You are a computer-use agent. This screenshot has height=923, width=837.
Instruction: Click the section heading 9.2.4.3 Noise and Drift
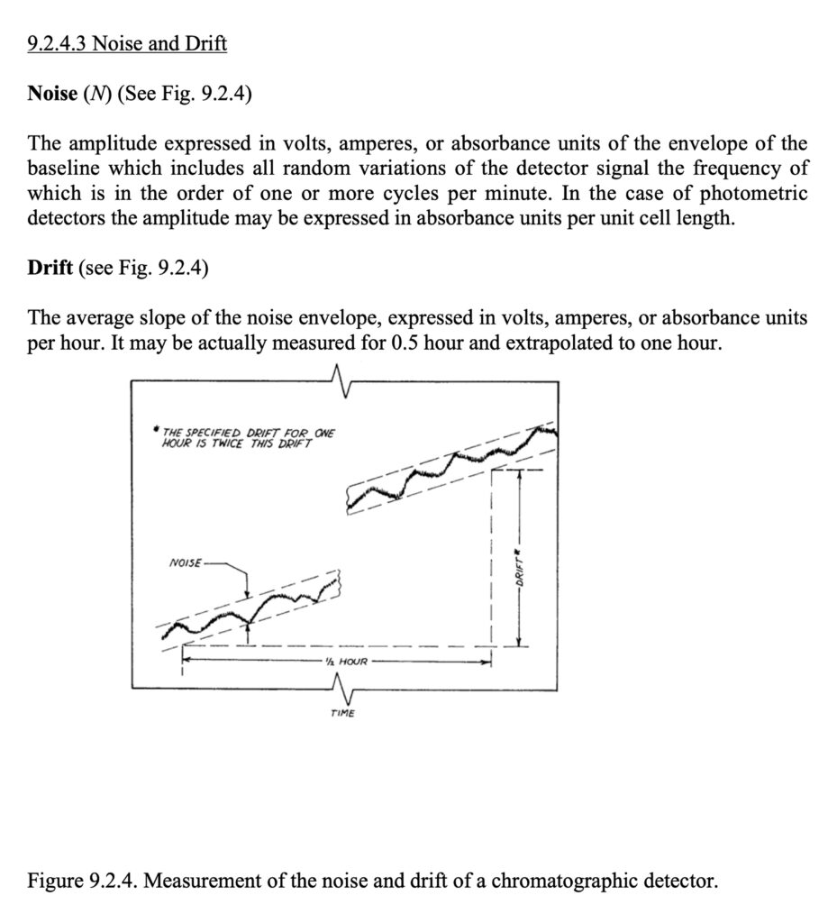click(x=127, y=42)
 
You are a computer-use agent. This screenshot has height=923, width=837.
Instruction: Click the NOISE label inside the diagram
click(x=186, y=564)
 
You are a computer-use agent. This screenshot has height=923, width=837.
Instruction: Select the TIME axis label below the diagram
click(x=342, y=714)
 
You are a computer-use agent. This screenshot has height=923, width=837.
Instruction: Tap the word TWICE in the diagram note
click(x=221, y=445)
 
